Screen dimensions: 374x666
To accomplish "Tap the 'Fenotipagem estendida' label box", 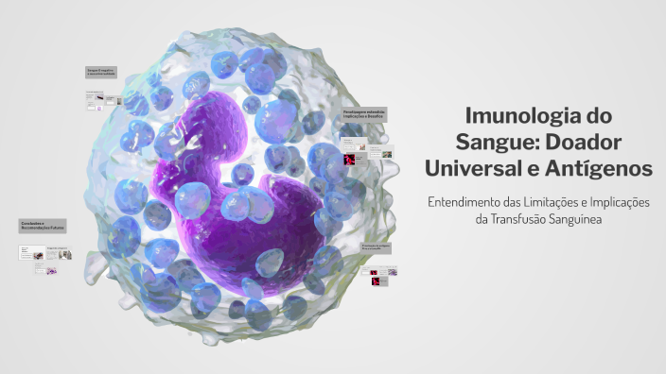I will [365, 114].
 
